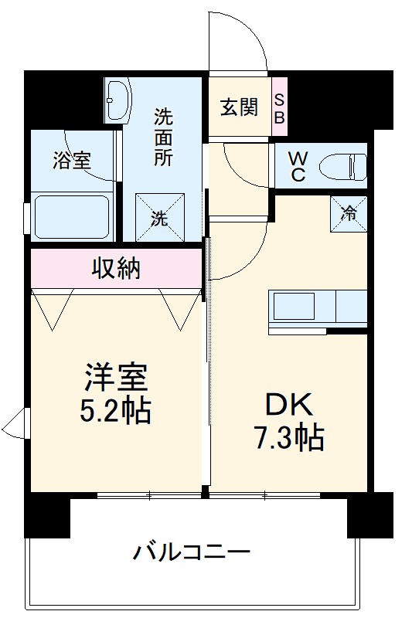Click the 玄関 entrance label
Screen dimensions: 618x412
[x=238, y=107]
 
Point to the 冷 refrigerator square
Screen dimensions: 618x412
[x=349, y=212]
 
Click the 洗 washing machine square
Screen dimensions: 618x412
[x=160, y=218]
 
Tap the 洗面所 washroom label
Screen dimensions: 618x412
[x=163, y=136]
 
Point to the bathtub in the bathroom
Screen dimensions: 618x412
[x=70, y=216]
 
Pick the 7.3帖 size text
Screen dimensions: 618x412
[x=288, y=438]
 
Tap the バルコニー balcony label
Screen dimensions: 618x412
[x=191, y=552]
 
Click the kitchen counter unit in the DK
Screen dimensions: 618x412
[x=318, y=307]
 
